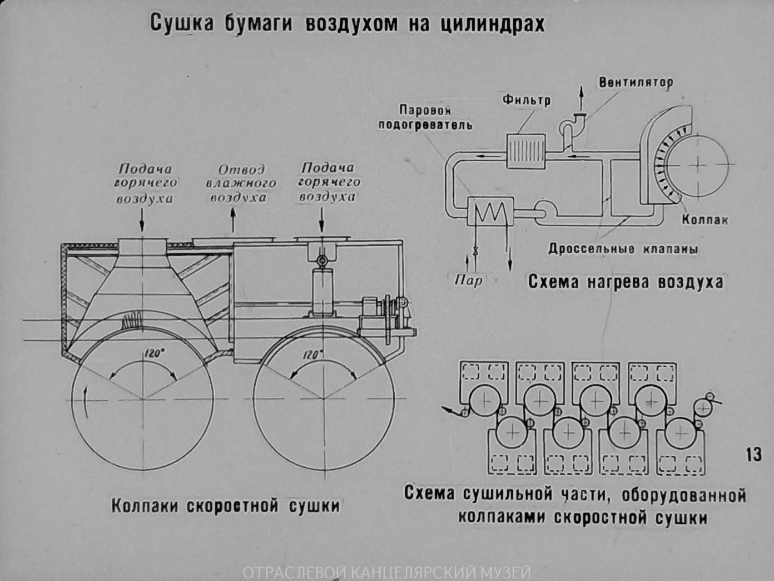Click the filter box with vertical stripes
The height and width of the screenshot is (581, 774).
525,151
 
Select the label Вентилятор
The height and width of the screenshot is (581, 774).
636,82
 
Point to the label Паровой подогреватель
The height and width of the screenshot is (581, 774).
425,117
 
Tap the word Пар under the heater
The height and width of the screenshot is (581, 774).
468,279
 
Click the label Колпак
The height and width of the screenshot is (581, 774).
704,219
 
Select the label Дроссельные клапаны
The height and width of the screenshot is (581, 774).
623,249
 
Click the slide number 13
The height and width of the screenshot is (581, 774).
753,455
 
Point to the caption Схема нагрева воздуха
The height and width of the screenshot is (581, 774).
625,282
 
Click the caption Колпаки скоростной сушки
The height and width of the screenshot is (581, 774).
225,506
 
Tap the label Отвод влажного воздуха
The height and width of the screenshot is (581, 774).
240,183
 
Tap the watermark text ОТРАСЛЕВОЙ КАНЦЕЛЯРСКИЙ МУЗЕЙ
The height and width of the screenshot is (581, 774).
387,572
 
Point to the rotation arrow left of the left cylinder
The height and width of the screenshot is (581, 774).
85,401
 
